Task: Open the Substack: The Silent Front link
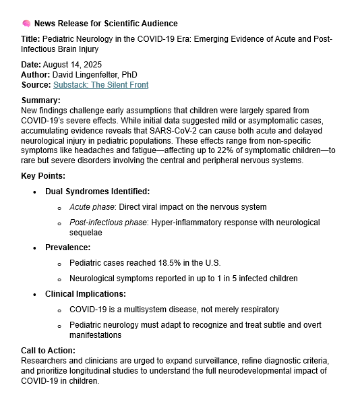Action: [100, 85]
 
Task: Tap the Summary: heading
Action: [42, 100]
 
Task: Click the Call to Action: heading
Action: [48, 350]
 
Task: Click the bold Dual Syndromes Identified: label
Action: [97, 192]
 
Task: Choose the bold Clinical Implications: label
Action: [87, 294]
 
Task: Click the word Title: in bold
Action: [31, 39]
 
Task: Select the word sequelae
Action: [86, 232]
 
